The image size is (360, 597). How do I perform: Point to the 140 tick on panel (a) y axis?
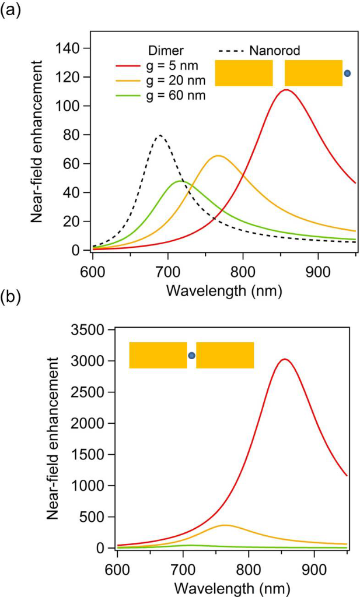69,48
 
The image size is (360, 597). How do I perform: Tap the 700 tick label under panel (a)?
167,271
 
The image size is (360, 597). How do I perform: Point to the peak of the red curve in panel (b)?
284,359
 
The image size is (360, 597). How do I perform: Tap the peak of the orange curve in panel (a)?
218,156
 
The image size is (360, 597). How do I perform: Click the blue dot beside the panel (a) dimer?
347,73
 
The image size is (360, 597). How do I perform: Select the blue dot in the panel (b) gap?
191,355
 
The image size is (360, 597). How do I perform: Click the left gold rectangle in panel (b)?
158,355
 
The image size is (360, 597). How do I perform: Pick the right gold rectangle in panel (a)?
313,73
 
